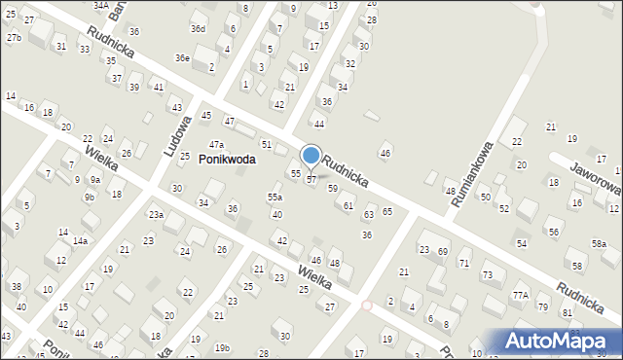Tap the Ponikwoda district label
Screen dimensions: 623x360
click(227, 160)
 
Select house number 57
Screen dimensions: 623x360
click(311, 179)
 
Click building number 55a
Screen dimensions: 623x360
click(275, 197)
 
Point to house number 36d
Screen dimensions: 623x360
click(198, 28)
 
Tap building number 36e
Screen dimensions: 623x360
click(182, 57)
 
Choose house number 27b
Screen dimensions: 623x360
click(14, 37)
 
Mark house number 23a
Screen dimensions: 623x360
click(156, 214)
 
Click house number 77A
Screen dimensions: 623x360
click(521, 295)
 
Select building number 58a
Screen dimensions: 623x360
click(599, 243)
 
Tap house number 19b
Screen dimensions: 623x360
click(223, 347)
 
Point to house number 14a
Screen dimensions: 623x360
click(80, 240)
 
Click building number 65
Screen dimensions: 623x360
click(387, 211)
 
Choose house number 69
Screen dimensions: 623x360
click(442, 251)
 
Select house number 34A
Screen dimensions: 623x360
click(100, 5)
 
